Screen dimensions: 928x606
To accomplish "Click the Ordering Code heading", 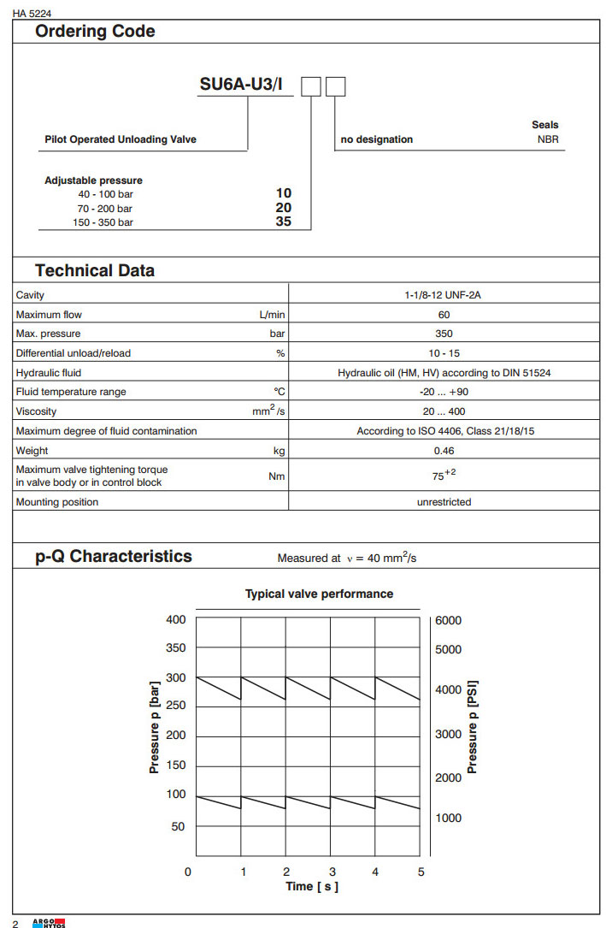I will pos(95,32).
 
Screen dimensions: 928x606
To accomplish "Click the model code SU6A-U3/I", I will pos(240,86).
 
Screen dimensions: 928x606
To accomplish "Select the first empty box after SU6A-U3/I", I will pos(311,86).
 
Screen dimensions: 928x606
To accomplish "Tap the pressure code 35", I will pos(283,222).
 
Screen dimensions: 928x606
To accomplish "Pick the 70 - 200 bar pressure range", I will pos(104,208).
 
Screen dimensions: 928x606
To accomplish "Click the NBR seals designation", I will pos(548,139).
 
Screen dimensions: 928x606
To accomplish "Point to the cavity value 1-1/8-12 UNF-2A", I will pos(444,295).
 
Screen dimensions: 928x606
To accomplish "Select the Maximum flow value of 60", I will pos(444,315).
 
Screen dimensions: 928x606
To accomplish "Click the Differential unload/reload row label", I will pos(74,353).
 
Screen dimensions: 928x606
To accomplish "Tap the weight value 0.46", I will pos(444,451).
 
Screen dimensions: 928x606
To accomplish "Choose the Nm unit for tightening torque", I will pos(277,476).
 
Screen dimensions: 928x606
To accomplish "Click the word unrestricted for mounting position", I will pos(444,502).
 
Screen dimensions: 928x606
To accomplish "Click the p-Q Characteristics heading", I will pos(114,557).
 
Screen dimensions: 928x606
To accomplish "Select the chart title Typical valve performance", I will pos(320,594).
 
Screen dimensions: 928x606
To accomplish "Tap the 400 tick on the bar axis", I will pos(175,619).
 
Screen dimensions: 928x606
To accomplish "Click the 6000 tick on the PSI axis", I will pos(448,621).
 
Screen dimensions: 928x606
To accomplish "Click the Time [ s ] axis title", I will pos(312,886).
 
